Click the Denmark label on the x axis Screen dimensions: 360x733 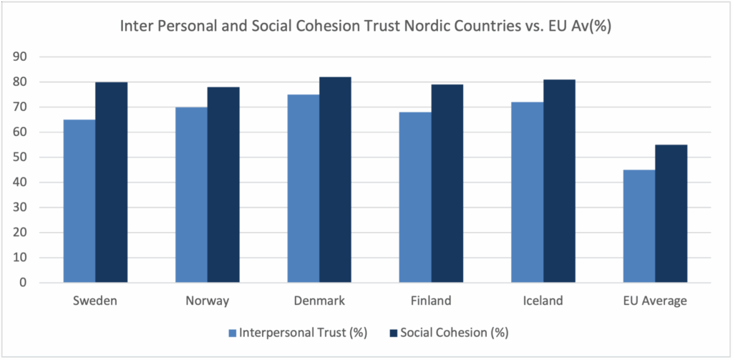(319, 301)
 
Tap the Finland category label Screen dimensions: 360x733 (431, 301)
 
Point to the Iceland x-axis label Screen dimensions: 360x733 (543, 301)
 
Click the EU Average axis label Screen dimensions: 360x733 (655, 301)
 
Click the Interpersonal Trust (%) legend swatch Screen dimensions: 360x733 (232, 333)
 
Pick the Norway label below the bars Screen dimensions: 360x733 (208, 301)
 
